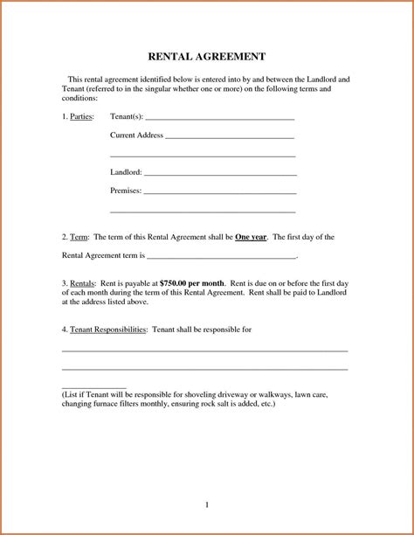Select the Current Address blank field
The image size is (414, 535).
[x=229, y=137]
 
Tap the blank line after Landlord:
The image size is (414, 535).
[x=219, y=174]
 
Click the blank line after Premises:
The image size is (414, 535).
[x=219, y=192]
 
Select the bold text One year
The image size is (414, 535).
[x=252, y=237]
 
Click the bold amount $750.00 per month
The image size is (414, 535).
[x=192, y=284]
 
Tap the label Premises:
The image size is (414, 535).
[x=125, y=191]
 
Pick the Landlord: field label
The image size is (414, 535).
[x=126, y=173]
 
